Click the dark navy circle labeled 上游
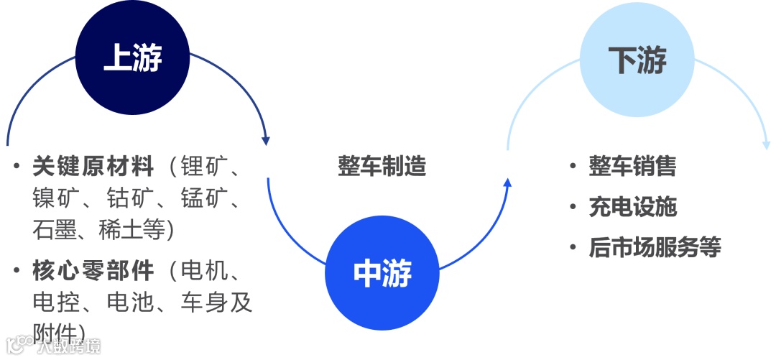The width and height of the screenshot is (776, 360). [133, 58]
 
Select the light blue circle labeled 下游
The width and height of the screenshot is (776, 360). [637, 59]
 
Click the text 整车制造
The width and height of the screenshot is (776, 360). [382, 167]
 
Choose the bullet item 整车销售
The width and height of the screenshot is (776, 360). [632, 167]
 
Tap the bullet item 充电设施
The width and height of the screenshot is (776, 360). [632, 207]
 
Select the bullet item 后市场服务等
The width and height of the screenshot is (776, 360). [654, 247]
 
